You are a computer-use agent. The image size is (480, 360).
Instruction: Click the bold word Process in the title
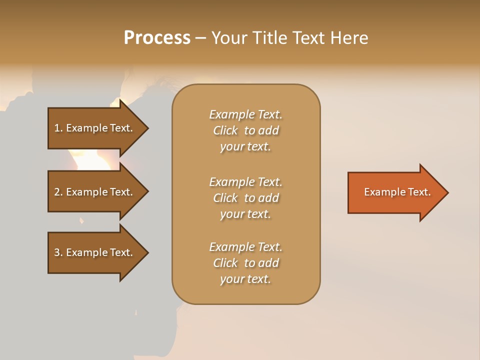157,38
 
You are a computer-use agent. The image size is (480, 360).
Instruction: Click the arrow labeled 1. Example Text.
95,128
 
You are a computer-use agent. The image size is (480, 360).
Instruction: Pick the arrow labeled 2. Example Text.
95,192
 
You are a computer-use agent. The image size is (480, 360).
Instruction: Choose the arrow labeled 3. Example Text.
95,252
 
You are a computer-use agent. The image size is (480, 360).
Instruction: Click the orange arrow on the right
395,192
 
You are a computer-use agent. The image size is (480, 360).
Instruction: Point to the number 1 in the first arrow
57,128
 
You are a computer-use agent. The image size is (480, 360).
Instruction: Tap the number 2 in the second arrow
57,192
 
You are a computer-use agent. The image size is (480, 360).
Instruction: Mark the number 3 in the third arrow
57,252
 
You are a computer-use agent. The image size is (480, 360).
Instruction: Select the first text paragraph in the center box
245,130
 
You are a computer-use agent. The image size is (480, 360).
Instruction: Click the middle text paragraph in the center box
245,198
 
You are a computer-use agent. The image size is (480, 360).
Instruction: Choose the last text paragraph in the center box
245,263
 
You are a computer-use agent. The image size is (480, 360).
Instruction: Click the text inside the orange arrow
397,192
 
